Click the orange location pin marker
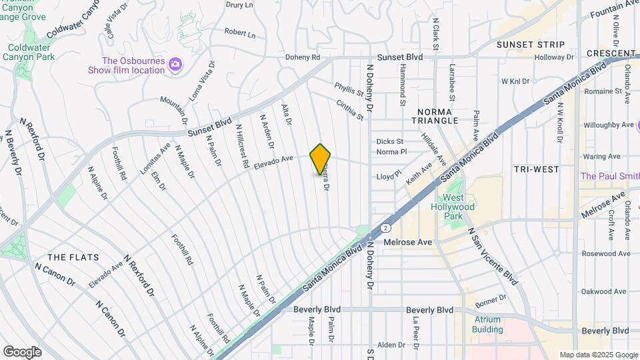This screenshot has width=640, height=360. pos(320,159)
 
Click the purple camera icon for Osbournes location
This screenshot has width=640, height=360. pos(175,64)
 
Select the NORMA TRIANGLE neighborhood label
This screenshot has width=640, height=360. pos(437,115)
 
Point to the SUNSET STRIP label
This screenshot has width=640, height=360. pos(531,45)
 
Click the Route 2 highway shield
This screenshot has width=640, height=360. pos(386,228)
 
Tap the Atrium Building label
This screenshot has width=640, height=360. pos(487,324)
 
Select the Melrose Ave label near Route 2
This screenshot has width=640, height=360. pos(409,243)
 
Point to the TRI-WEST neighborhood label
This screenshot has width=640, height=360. pos(537,169)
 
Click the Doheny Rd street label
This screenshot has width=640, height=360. pos(303,57)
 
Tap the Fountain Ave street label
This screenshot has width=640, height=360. pos(614,9)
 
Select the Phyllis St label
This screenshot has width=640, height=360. pos(349,90)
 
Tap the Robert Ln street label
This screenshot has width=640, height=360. pos(239,32)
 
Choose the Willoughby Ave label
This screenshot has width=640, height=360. pos(608,125)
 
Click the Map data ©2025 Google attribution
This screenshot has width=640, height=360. pos(598,355)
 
